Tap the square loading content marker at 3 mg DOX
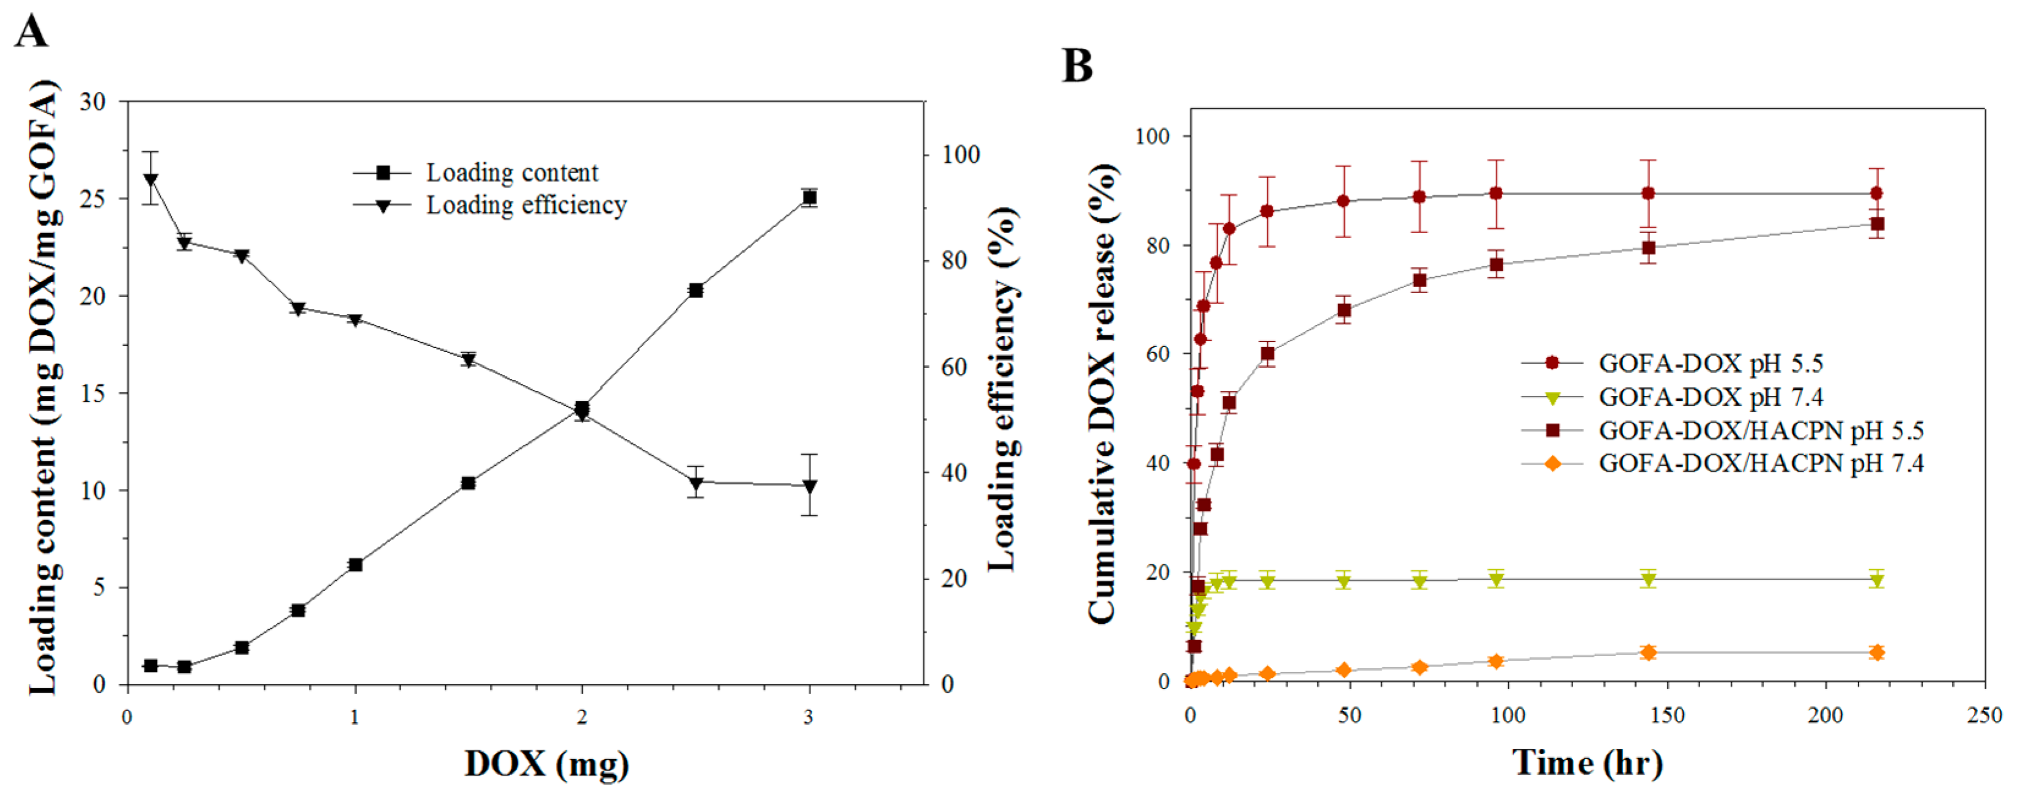tap(810, 198)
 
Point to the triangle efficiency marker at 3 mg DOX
tap(810, 487)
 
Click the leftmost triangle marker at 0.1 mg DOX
tap(150, 179)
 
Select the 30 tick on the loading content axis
tap(93, 101)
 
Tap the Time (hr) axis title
tap(1587, 762)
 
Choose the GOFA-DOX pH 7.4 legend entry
tap(1711, 397)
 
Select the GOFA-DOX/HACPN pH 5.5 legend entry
tap(1760, 430)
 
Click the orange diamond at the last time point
tap(1876, 652)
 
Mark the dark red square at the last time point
tap(1876, 224)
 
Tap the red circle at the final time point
tap(1876, 193)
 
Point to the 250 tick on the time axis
tap(1984, 715)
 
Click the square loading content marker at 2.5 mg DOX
tap(695, 291)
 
